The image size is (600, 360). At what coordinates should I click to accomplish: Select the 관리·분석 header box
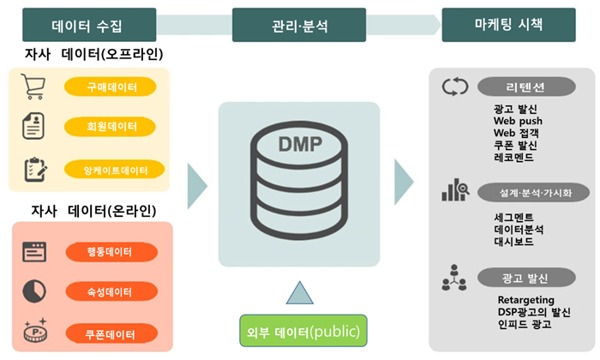[x=294, y=25]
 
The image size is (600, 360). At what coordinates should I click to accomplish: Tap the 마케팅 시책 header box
[x=503, y=25]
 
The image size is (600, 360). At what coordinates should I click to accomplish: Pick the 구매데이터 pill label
[x=111, y=87]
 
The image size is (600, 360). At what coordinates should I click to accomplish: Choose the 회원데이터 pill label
[x=111, y=127]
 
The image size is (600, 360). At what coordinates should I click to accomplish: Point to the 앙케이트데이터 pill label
[x=111, y=169]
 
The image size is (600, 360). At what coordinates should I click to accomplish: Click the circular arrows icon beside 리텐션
[x=454, y=87]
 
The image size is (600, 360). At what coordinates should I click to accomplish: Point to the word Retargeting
[x=526, y=299]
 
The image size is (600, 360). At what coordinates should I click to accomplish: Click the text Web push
[x=518, y=122]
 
